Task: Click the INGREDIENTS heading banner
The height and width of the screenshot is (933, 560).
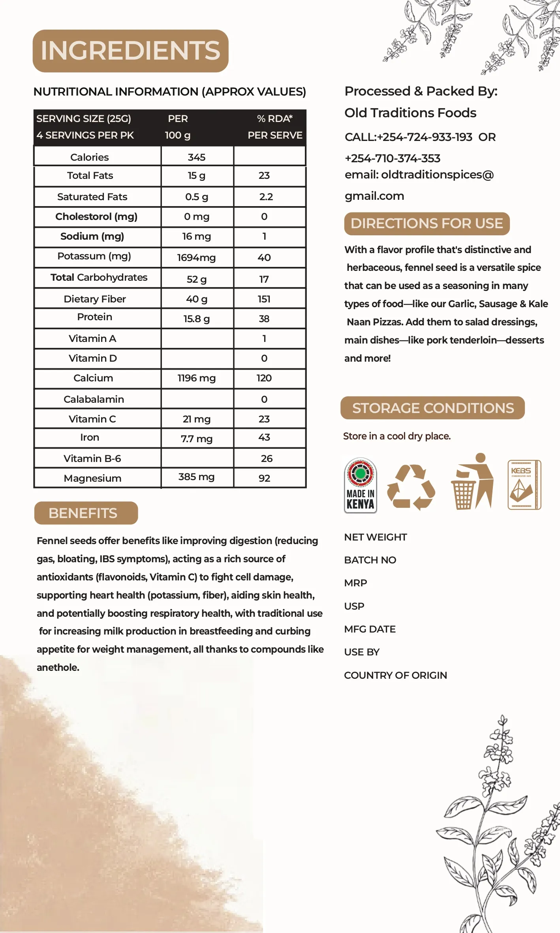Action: pos(130,51)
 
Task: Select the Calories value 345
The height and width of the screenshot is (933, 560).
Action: pos(196,157)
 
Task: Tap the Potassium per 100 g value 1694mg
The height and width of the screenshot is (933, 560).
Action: pos(196,258)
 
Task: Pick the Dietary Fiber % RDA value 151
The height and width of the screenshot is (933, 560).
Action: pos(264,299)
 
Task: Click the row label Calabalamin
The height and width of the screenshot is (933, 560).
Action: pos(94,399)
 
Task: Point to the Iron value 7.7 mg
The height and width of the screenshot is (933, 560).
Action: pos(196,439)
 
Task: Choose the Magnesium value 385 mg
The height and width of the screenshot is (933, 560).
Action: pos(196,477)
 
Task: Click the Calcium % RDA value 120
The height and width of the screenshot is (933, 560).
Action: pos(264,378)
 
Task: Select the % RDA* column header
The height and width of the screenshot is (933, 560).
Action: pos(274,118)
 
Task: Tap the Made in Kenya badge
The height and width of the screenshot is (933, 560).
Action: pos(360,485)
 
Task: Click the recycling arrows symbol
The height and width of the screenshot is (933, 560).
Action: pos(411,487)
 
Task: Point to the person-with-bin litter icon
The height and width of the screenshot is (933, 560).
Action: pos(472,481)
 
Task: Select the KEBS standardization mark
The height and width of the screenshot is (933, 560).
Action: pos(524,484)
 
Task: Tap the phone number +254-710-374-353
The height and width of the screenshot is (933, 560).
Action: pos(392,158)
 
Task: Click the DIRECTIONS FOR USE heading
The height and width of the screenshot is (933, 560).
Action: pos(427,223)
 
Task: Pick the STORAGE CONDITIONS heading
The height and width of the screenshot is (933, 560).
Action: pos(432,408)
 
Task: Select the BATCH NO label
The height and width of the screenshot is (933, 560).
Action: pos(370,560)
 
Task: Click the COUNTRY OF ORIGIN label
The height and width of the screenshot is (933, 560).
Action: pos(395,675)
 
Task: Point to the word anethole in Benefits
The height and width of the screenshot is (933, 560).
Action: pos(58,667)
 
